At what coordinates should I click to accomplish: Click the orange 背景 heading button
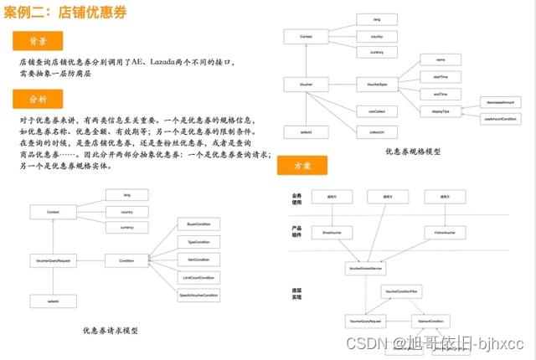tap(38, 41)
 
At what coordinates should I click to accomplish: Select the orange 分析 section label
tap(38, 100)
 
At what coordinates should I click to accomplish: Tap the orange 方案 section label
tap(301, 166)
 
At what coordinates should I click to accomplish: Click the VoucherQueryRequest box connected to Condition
tap(53, 260)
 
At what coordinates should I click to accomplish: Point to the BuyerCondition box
tap(198, 224)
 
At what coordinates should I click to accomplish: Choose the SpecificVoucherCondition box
tap(198, 296)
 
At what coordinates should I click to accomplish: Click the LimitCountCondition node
tap(198, 277)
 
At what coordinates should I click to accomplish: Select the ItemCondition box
tap(198, 260)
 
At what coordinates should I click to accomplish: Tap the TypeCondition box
tap(198, 242)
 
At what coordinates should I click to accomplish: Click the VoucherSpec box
tap(371, 85)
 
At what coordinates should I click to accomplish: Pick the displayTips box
tap(441, 110)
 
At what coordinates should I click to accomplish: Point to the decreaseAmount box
tap(501, 101)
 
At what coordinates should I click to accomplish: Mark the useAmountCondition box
tap(501, 119)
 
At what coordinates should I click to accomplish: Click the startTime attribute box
tap(441, 76)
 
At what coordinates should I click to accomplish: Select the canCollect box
tap(371, 110)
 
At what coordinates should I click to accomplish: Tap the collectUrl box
tap(371, 131)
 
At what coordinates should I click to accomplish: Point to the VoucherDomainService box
tap(365, 269)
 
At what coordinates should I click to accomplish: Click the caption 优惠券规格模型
tap(413, 152)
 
